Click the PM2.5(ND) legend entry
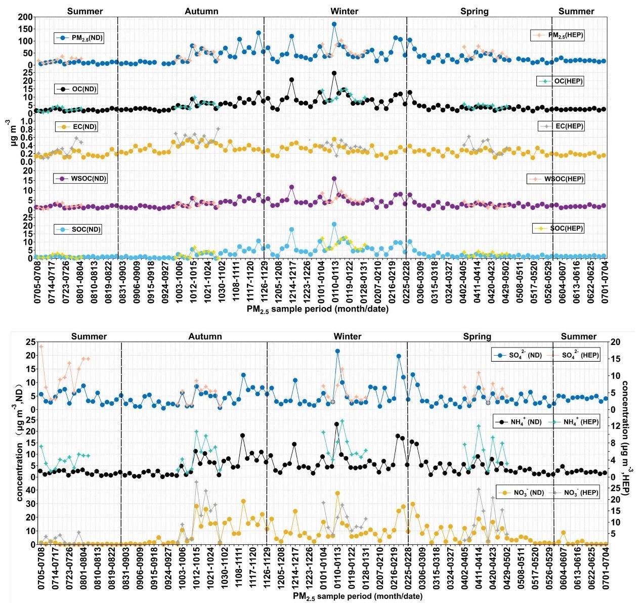79,38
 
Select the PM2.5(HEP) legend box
558,35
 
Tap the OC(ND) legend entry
76,89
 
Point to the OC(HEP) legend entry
561,81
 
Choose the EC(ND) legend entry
76,127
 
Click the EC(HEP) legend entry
562,126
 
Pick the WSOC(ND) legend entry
80,179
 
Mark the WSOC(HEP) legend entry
556,179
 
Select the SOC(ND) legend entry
78,229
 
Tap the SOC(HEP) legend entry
559,228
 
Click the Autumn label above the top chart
201,11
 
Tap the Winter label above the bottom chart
347,336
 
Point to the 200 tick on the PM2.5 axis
25,17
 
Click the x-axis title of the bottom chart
357,596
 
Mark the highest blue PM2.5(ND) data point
334,24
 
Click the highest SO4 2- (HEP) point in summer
41,347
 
